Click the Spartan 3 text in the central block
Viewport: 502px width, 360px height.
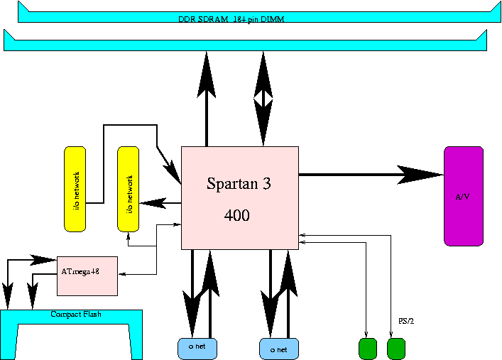coord(239,183)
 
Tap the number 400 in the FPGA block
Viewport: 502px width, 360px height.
coord(236,215)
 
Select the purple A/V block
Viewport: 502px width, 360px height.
coord(463,196)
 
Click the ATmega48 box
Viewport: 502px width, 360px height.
coord(87,276)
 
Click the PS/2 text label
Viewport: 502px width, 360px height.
coord(405,322)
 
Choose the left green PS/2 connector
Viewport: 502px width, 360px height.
coord(367,349)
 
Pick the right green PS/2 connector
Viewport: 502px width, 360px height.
coord(395,349)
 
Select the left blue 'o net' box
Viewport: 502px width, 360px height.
coord(197,349)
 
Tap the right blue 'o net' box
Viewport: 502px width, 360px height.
coord(279,349)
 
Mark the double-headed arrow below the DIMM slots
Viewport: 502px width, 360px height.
coord(263,99)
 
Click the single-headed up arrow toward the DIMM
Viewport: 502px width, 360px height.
coord(207,75)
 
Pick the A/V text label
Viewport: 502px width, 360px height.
coord(462,197)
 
